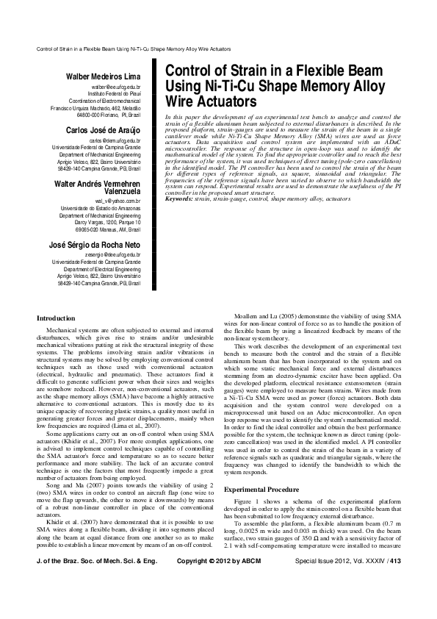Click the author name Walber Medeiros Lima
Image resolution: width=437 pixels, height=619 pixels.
pyautogui.click(x=106, y=76)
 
